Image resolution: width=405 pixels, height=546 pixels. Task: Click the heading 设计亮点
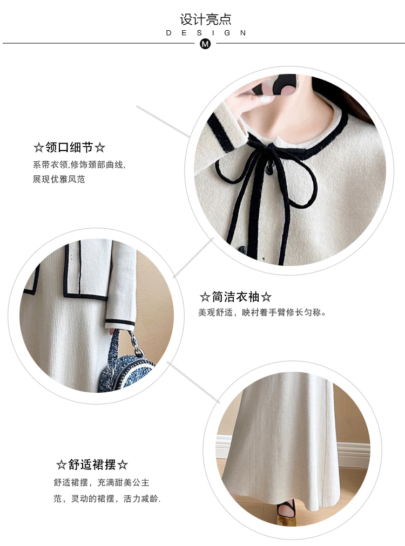tap(205, 19)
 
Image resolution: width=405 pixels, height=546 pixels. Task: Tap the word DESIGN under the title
tap(206, 33)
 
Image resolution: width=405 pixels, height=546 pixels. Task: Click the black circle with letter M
tap(205, 44)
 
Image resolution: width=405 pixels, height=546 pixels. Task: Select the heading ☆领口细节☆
tap(69, 147)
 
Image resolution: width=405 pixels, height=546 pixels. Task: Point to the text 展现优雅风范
tap(59, 179)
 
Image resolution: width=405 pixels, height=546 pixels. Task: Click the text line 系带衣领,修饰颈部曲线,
tap(79, 165)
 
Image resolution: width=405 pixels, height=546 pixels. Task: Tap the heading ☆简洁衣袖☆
tap(235, 297)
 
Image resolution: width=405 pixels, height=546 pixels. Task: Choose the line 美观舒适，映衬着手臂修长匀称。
tap(262, 312)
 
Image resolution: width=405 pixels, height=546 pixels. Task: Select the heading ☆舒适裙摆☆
tap(92, 465)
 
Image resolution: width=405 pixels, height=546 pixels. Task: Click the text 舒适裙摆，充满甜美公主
tap(102, 483)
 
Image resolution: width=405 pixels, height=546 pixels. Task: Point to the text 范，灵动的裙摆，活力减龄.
tap(107, 499)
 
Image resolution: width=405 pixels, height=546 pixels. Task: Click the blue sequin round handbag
tap(125, 371)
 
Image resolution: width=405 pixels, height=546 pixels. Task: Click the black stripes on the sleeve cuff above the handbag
tap(120, 323)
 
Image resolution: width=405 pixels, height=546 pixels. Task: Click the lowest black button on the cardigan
tap(242, 249)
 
